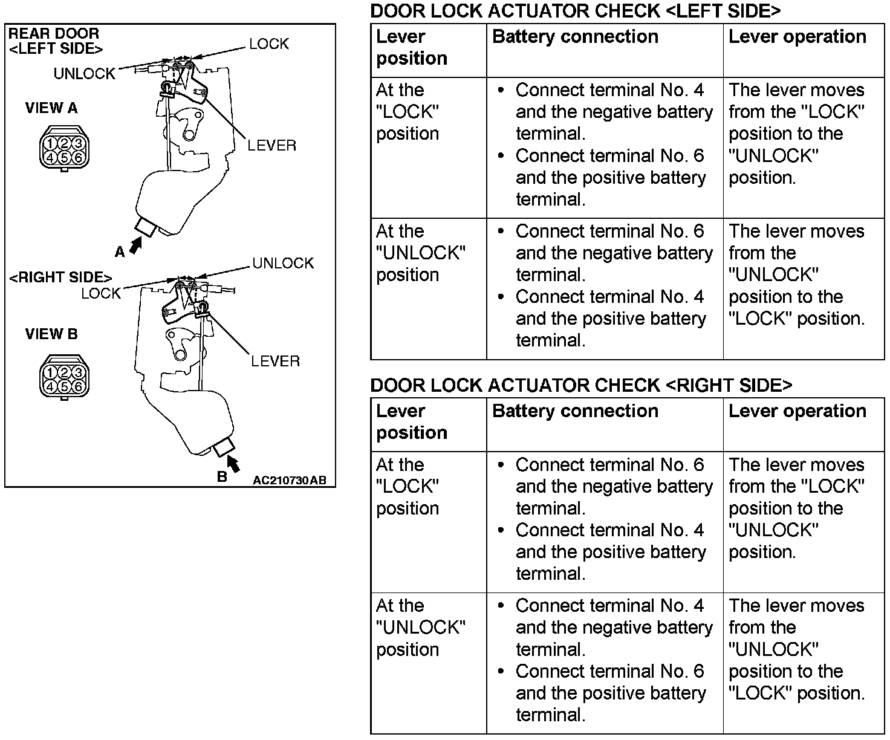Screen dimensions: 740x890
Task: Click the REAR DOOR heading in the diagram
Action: pos(53,34)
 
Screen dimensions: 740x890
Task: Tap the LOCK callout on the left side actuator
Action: pos(268,44)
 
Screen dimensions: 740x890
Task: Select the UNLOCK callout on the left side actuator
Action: pos(84,74)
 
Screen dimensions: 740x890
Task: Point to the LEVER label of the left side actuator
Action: pos(271,146)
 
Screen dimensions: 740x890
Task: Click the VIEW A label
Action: pos(51,108)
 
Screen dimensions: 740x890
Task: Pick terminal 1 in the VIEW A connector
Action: pos(51,143)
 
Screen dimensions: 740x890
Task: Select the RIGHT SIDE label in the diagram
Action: pos(60,277)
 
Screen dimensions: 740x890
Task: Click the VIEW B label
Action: pos(51,334)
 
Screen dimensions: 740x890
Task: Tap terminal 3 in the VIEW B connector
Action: pos(77,372)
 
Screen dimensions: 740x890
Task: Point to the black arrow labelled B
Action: pos(233,464)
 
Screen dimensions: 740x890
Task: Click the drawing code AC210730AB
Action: pos(289,481)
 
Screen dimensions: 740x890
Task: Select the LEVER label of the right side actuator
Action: pos(275,362)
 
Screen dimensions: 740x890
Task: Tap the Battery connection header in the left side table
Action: pos(575,37)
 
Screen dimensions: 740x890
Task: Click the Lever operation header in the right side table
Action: pos(797,411)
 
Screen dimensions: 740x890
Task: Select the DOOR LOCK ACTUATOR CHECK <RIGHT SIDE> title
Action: pos(580,385)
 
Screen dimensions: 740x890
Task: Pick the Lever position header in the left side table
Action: pos(412,48)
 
